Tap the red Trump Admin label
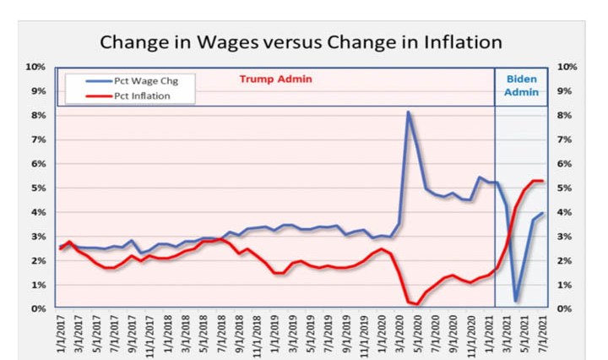(276, 79)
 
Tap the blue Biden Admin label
(520, 82)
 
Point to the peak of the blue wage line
(409, 112)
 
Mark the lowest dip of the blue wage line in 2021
(515, 301)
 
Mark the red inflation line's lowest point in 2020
(418, 304)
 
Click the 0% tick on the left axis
(37, 309)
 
